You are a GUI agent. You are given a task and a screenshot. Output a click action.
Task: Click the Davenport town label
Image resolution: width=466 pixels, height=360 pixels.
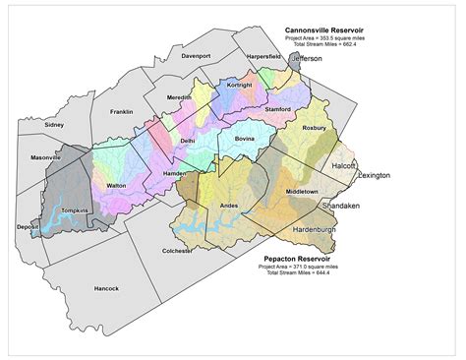pyautogui.click(x=197, y=56)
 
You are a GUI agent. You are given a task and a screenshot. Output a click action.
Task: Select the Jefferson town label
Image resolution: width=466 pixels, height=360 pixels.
pyautogui.click(x=307, y=59)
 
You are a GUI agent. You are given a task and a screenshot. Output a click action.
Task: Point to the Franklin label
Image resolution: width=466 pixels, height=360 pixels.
pyautogui.click(x=121, y=112)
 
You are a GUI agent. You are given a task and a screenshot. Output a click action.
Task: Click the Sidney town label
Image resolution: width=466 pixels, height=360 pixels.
pyautogui.click(x=54, y=125)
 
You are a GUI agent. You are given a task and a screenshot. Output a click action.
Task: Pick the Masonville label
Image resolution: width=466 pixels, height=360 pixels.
pyautogui.click(x=45, y=157)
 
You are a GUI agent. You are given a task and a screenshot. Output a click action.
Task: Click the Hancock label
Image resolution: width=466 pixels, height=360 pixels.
pyautogui.click(x=106, y=288)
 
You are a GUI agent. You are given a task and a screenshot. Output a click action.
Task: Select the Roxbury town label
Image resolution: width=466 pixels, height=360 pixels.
pyautogui.click(x=315, y=128)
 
